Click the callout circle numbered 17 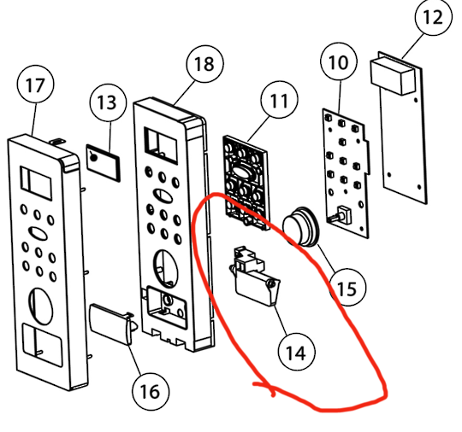pyautogui.click(x=36, y=85)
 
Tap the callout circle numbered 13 pyautogui.click(x=108, y=102)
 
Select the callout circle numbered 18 pyautogui.click(x=205, y=64)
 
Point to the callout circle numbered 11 pyautogui.click(x=279, y=100)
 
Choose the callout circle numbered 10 pyautogui.click(x=339, y=61)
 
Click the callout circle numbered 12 pyautogui.click(x=434, y=17)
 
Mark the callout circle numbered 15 pyautogui.click(x=347, y=288)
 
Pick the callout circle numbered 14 pyautogui.click(x=297, y=352)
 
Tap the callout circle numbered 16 pyautogui.click(x=151, y=391)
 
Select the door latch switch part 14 pyautogui.click(x=255, y=277)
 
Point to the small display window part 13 pyautogui.click(x=104, y=162)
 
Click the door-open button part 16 pyautogui.click(x=113, y=324)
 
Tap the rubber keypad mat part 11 pyautogui.click(x=246, y=183)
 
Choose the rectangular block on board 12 pyautogui.click(x=390, y=76)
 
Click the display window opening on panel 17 pyautogui.click(x=36, y=184)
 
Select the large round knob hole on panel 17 pyautogui.click(x=41, y=306)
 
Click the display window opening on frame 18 pyautogui.click(x=161, y=145)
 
